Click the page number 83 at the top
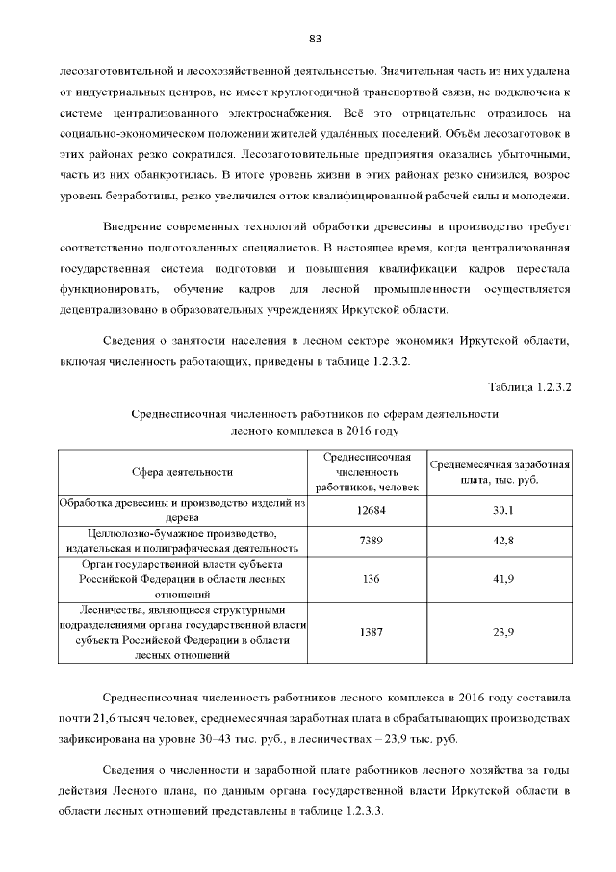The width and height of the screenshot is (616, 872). [x=314, y=39]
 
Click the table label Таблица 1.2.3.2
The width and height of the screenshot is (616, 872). [x=530, y=387]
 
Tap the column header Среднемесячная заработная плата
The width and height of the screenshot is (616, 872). [x=500, y=472]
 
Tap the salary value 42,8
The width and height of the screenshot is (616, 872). [x=502, y=541]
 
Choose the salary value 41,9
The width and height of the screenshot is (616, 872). [x=502, y=579]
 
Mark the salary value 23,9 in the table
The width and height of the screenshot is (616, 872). [x=502, y=632]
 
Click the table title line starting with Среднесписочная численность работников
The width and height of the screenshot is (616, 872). [x=314, y=413]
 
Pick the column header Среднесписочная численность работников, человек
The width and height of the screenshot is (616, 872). [x=367, y=472]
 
